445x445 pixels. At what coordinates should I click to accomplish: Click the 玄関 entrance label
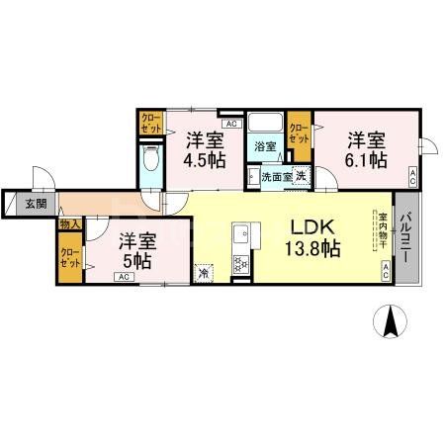tap(36, 204)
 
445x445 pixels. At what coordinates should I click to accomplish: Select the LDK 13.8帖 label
tap(312, 237)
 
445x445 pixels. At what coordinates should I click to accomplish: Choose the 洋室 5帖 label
tap(135, 251)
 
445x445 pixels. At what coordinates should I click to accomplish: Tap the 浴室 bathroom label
tap(264, 146)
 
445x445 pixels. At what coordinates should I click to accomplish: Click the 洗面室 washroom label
tap(275, 177)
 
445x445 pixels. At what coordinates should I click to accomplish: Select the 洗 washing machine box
tap(301, 176)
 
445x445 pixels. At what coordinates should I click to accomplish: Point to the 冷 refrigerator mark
tap(203, 272)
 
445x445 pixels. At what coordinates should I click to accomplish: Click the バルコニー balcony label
tap(403, 238)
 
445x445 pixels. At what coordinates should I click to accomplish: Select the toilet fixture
tap(151, 162)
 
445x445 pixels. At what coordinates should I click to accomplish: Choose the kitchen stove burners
tap(238, 264)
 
